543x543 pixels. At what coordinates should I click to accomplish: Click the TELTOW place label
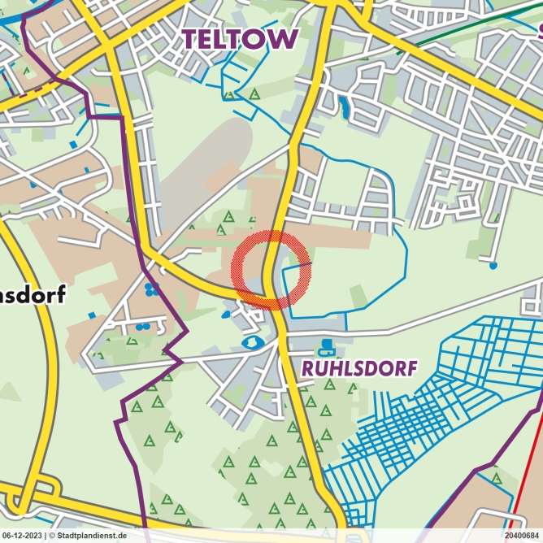239,38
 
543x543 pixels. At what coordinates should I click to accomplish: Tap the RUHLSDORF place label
358,368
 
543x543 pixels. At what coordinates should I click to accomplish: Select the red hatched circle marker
270,270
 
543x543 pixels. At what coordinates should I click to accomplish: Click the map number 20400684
522,536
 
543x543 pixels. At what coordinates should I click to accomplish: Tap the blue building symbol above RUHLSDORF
327,348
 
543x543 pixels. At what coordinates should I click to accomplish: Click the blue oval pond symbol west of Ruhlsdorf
250,342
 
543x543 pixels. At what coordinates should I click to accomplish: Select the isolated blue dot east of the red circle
493,265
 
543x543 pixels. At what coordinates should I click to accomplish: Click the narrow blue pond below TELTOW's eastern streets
345,105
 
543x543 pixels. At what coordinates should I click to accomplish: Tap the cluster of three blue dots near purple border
150,289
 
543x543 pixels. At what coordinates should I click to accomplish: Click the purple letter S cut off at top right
538,33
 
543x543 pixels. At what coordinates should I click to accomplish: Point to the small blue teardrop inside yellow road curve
225,314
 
